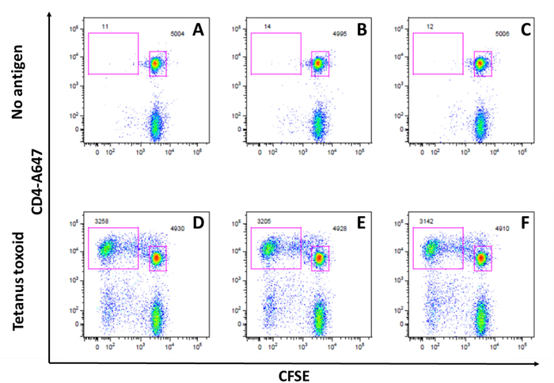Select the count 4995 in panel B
click(341, 35)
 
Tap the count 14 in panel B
click(268, 28)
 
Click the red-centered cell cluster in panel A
click(156, 63)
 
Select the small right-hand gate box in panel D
click(157, 258)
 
